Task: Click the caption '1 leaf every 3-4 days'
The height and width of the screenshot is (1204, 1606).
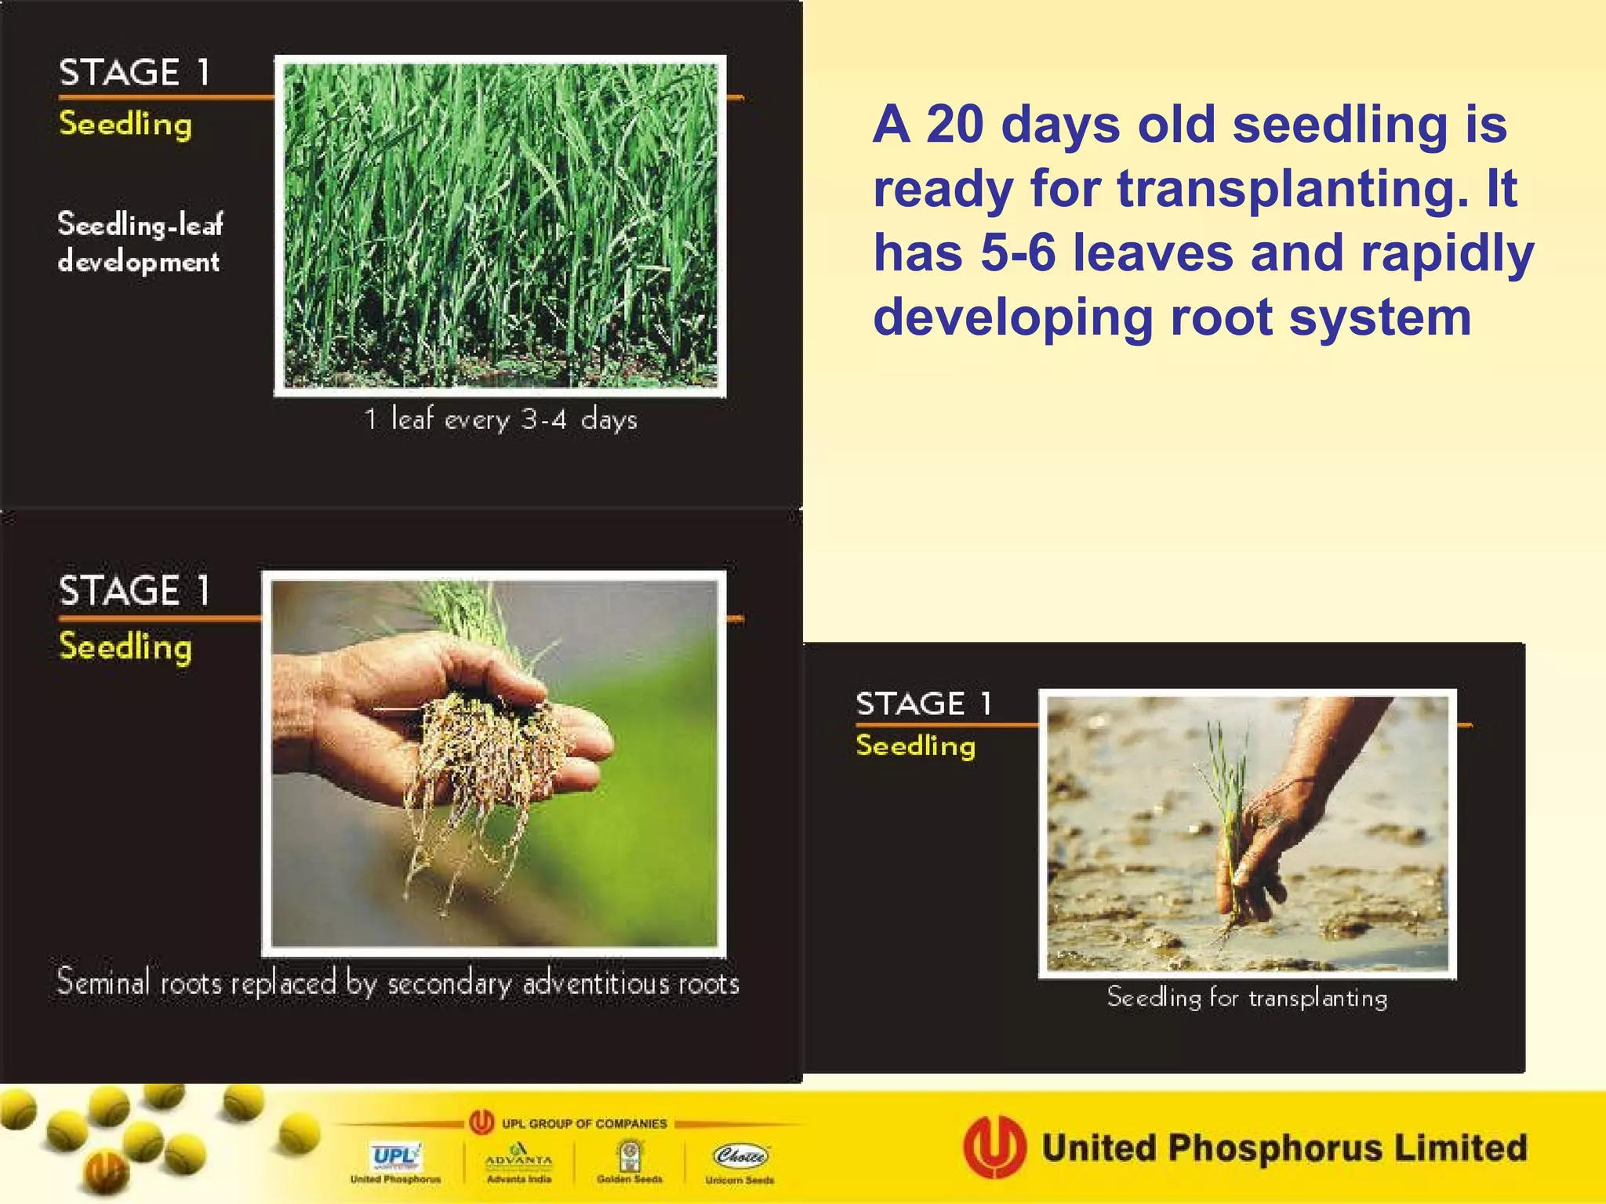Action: point(500,419)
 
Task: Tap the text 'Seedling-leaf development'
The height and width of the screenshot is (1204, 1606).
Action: point(140,242)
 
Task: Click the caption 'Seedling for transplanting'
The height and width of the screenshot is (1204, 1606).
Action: point(1247,998)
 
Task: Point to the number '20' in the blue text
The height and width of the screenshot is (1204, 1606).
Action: point(954,125)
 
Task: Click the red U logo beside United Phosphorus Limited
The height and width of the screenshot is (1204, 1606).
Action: point(994,1148)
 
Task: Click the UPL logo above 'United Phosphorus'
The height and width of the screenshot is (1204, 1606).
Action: point(395,1156)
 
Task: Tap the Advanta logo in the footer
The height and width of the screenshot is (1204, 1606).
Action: point(518,1155)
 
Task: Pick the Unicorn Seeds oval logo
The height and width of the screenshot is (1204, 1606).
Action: point(740,1155)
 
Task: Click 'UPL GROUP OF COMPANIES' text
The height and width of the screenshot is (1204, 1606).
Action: point(583,1123)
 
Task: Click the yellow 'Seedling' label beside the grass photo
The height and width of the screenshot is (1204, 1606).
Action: point(125,124)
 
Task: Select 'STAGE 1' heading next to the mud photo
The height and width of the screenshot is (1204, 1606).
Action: point(924,704)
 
